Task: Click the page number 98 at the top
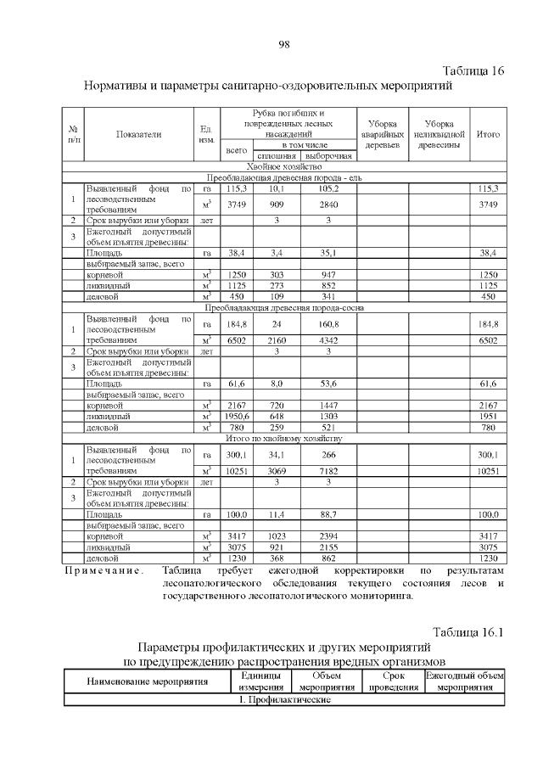pos(284,44)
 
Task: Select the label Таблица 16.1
pos(468,632)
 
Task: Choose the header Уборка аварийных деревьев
pos(381,134)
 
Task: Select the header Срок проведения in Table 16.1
pos(392,681)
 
